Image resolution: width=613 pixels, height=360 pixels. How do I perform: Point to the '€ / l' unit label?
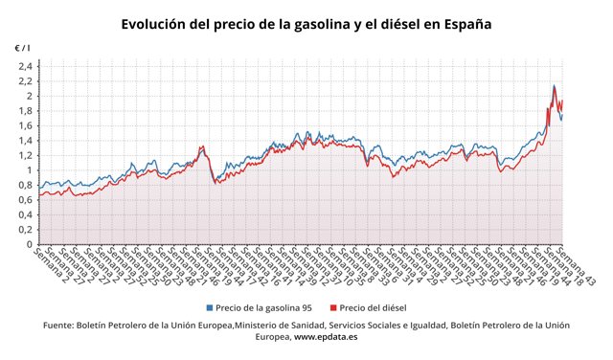coord(22,48)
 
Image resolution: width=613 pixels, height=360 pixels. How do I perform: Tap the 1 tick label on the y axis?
coord(30,170)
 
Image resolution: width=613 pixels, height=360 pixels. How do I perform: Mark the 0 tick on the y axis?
coord(30,244)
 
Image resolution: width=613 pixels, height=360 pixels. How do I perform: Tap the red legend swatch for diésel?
coord(332,308)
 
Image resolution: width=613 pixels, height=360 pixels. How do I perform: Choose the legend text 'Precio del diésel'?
coord(374,308)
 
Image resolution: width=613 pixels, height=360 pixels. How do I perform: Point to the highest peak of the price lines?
coord(554,86)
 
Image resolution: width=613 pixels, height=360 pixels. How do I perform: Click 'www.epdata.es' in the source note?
coord(328,338)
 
